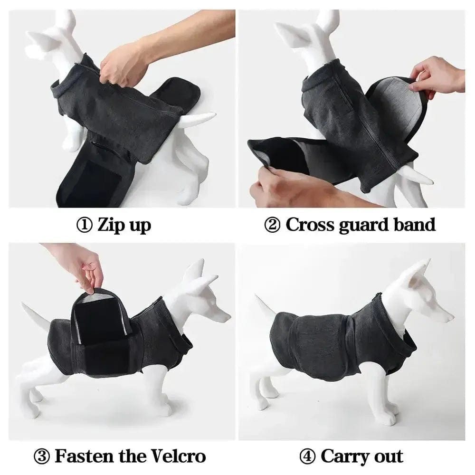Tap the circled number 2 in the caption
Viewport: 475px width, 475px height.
[272, 225]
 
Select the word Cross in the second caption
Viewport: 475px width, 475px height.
[310, 225]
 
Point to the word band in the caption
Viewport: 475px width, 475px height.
[415, 225]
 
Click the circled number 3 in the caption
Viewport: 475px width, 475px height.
[42, 456]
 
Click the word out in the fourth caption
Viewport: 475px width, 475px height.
[388, 456]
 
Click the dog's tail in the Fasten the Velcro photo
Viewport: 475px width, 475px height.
[36, 313]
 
